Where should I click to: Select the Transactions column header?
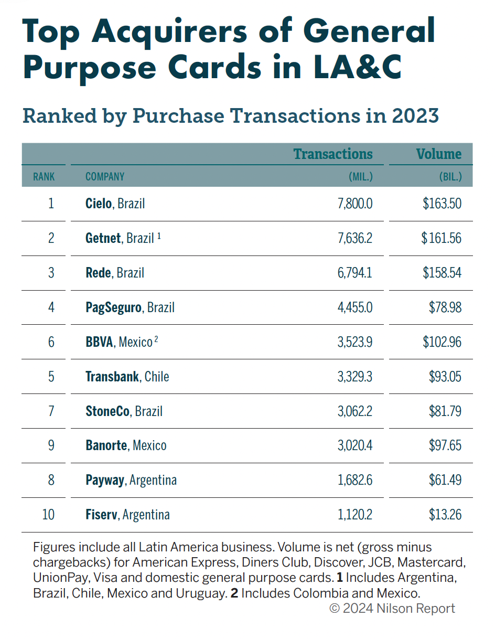coord(333,154)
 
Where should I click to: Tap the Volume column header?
coord(439,154)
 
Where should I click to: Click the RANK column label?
coord(44,177)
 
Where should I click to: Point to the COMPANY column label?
coord(105,177)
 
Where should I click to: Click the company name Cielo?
coord(99,204)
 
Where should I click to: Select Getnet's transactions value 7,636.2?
coord(355,238)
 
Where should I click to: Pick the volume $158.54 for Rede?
coord(442,273)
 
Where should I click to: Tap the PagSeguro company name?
coord(113,307)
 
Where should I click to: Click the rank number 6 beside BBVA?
coord(51,342)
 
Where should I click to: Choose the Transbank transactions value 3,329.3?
coord(355,377)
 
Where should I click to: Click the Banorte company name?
coord(106,446)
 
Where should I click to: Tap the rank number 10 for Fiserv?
coord(48,515)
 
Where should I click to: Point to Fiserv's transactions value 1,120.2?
coord(355,515)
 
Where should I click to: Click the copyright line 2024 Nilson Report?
coord(392,609)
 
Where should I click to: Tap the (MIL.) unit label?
coord(361,177)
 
